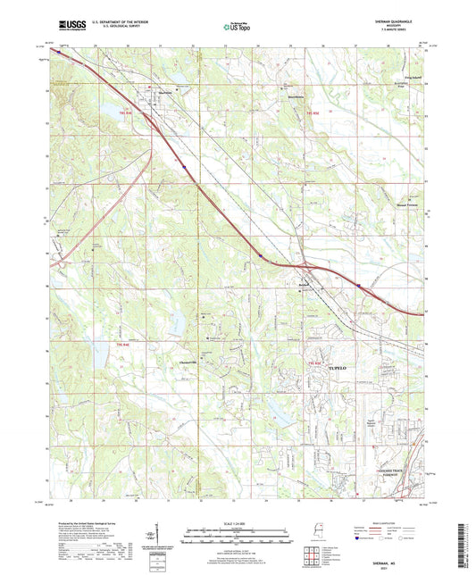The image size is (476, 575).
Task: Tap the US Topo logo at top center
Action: pos(237,28)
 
